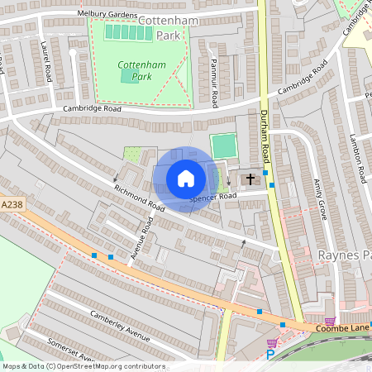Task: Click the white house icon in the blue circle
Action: (186, 179)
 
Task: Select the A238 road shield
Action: (12, 204)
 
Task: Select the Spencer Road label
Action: (212, 197)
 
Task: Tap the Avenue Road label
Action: (142, 239)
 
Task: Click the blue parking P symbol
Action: (269, 355)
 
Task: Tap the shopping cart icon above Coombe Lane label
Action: (331, 322)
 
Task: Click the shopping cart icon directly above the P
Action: (271, 342)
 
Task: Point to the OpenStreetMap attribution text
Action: (83, 366)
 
